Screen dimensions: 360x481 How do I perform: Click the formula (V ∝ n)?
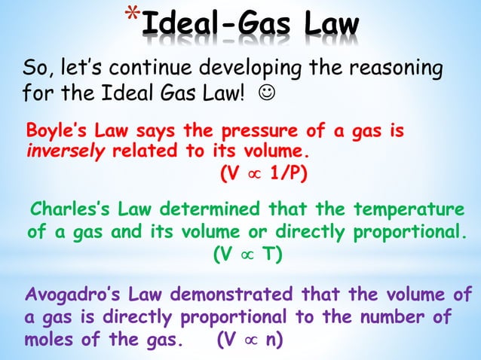tap(250, 338)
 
